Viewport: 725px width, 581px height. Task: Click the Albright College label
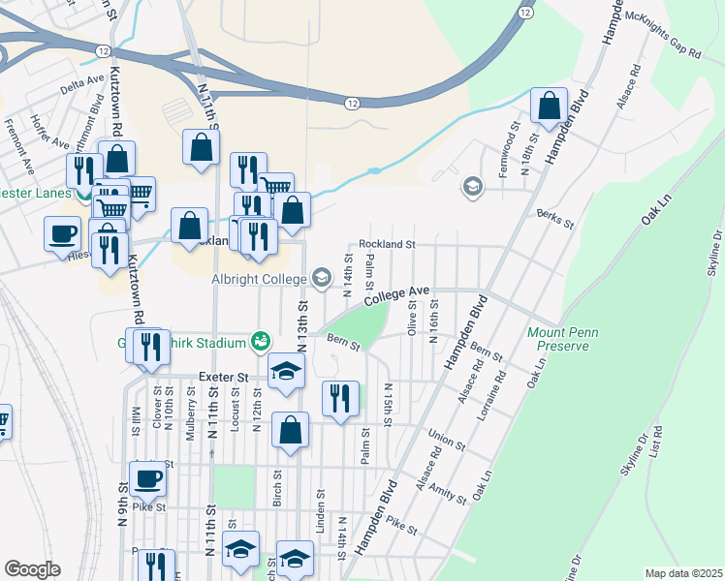256,279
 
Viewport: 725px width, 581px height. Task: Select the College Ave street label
395,296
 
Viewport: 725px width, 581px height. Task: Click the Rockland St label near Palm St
387,245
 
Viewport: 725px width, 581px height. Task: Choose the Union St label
447,442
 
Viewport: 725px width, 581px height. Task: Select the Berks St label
554,219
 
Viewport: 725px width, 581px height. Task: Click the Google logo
32,569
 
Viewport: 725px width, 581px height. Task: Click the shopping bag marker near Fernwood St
550,107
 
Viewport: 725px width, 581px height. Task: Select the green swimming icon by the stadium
259,340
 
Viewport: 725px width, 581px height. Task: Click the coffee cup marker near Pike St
147,478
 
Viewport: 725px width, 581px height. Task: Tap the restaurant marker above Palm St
340,399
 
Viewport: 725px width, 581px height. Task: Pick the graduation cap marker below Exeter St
287,371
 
